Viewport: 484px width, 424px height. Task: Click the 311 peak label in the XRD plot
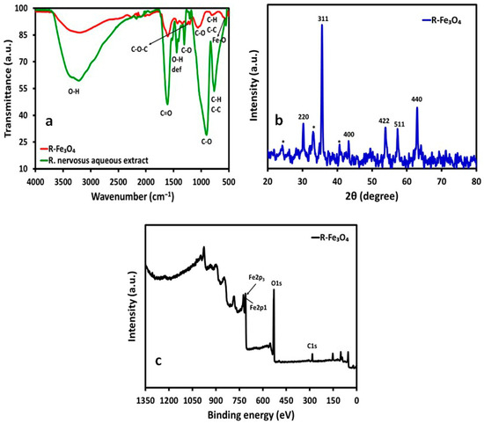323,19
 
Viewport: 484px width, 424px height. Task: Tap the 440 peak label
417,99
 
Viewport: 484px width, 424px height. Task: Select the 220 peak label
304,117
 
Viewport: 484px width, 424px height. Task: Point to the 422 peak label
384,121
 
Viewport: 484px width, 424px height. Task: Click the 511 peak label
400,124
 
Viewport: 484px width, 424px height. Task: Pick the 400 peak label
348,135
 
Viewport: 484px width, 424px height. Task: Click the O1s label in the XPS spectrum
276,283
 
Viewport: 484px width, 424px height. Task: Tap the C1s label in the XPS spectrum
312,347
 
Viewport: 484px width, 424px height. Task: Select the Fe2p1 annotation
258,308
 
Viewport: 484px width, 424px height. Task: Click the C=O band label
166,113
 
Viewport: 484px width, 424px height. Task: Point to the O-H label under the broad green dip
73,91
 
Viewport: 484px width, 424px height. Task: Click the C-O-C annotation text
140,49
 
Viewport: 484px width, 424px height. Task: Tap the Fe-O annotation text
219,40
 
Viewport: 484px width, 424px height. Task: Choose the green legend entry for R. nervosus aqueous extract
94,160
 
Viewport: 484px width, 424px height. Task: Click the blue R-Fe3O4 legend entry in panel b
442,21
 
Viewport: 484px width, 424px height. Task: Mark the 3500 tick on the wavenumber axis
63,182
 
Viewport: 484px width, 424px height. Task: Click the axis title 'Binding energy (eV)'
251,414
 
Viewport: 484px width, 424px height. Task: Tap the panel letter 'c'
158,361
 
